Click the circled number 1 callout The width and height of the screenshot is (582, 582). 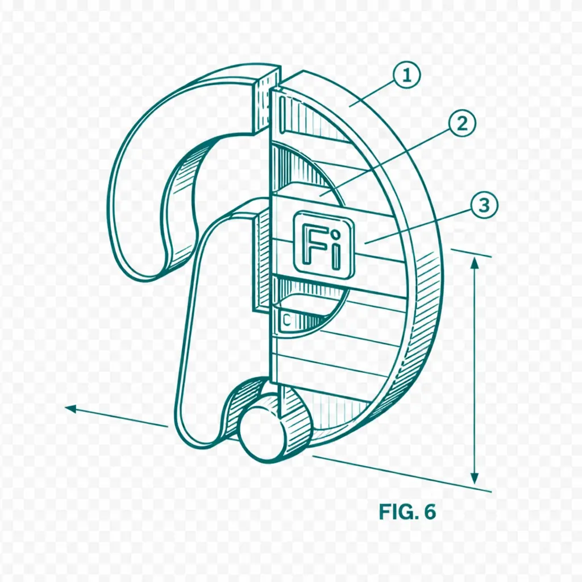pyautogui.click(x=407, y=76)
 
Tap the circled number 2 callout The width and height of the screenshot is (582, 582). pyautogui.click(x=462, y=123)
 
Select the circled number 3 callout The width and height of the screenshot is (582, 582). pyautogui.click(x=484, y=205)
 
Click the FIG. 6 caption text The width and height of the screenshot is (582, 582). pyautogui.click(x=407, y=512)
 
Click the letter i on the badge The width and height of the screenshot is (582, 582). pyautogui.click(x=335, y=250)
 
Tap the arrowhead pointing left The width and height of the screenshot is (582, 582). pyautogui.click(x=71, y=409)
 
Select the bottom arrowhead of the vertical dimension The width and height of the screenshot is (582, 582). pyautogui.click(x=474, y=477)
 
